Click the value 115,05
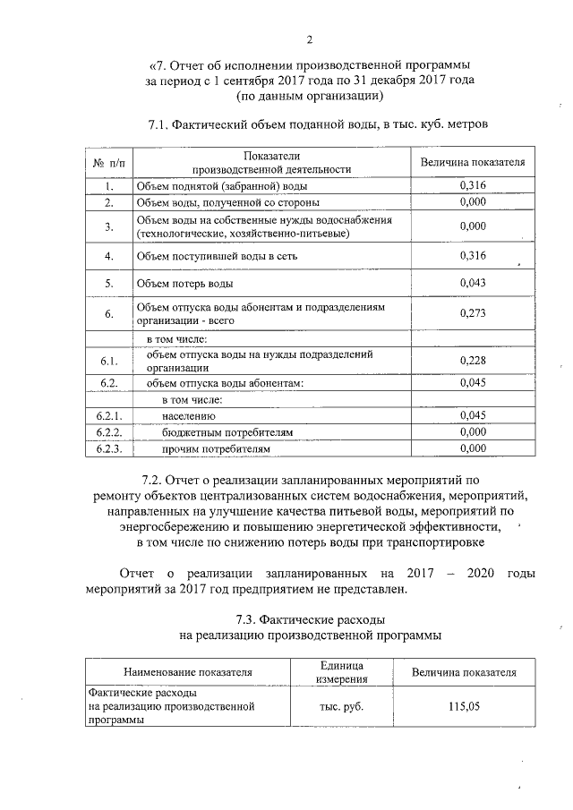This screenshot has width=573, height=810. pos(464,706)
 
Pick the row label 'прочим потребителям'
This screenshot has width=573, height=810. pos(216,448)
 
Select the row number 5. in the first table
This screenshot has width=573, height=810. pos(108,285)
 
